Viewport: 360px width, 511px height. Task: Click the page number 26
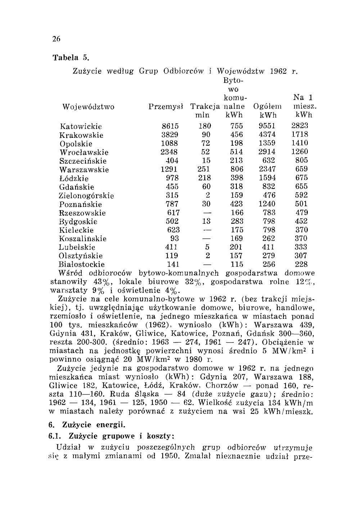tap(56, 39)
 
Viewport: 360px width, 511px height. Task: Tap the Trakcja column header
tap(205, 107)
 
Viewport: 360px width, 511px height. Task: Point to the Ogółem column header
tap(268, 107)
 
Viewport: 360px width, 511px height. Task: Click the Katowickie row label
tap(81, 126)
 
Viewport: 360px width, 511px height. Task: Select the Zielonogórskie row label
tap(87, 196)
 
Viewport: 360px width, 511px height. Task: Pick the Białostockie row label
tap(82, 265)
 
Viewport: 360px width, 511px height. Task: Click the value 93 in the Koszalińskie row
tap(175, 239)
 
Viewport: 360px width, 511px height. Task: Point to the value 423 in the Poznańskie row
tap(237, 204)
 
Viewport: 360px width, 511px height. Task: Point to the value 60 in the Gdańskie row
tap(206, 187)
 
